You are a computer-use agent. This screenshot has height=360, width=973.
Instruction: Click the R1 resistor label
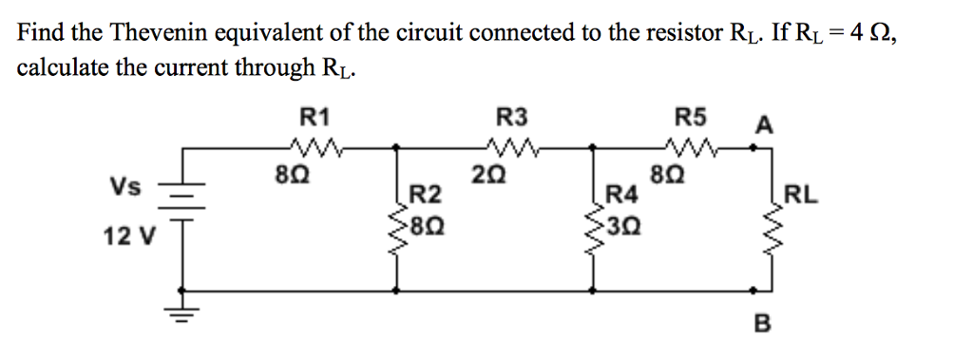315,118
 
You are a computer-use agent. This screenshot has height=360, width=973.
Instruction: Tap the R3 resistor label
510,118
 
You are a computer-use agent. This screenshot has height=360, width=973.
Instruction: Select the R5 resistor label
691,118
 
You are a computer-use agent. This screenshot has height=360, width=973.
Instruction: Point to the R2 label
426,198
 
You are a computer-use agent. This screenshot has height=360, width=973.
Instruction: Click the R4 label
620,198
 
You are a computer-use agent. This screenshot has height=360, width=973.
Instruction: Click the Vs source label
124,186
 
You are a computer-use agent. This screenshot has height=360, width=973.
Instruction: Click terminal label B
760,325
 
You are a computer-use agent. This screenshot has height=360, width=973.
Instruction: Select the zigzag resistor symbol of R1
314,146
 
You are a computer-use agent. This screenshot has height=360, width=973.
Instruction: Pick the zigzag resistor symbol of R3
510,146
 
